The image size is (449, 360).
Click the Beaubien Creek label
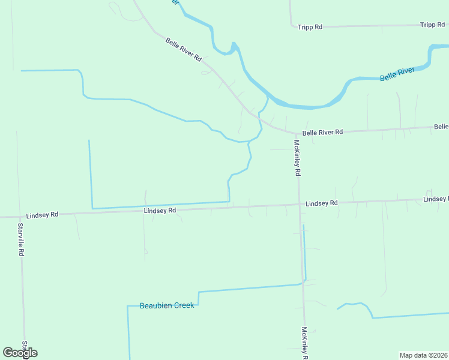click(x=167, y=305)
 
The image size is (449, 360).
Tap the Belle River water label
click(x=397, y=74)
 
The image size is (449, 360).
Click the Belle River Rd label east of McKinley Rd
click(x=322, y=132)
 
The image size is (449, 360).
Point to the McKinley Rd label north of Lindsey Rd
click(x=297, y=157)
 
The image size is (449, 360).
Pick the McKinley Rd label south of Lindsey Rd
click(x=305, y=343)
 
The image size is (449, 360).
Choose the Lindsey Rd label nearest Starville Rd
click(x=42, y=214)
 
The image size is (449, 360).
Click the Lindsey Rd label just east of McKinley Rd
click(x=322, y=203)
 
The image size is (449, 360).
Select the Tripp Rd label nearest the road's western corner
click(x=310, y=27)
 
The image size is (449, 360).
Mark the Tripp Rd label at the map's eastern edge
click(x=433, y=25)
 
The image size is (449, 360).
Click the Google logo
click(x=20, y=353)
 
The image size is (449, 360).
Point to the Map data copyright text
click(x=424, y=355)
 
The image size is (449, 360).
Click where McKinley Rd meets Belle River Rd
click(x=296, y=133)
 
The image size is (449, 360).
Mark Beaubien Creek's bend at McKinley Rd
click(x=305, y=281)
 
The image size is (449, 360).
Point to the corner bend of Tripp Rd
click(x=292, y=26)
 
